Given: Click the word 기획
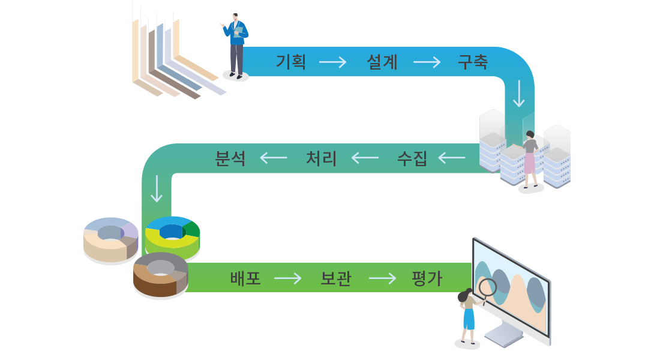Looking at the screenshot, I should pos(291,62).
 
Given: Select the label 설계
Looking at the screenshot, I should pos(382,62).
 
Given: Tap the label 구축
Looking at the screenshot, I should pos(473,62).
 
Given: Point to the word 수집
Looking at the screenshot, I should pos(412,158).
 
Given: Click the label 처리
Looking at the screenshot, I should pos(321,158).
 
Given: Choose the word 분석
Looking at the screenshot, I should pos(230,158).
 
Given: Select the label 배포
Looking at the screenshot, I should pos(245,278).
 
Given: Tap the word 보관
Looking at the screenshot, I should pos(336,278).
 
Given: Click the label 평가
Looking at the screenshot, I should pos(427,278).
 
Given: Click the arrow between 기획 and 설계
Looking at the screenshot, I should pos(332,62).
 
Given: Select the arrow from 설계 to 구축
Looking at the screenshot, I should pos(427,62).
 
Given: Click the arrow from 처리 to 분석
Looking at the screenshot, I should pos(274,158).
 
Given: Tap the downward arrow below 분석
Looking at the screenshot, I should pos(157,188).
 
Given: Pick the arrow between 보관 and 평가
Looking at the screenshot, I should pos(382,278).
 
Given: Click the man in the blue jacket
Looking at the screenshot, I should pos(236,45).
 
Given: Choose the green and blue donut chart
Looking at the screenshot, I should pos(172,235).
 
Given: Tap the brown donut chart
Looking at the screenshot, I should pos(160,274).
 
